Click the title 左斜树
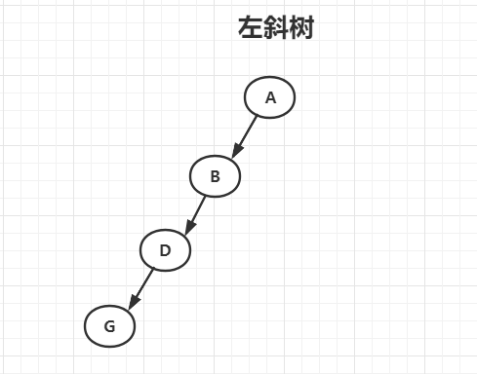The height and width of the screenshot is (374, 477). [x=276, y=29]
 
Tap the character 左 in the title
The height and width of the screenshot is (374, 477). [x=251, y=29]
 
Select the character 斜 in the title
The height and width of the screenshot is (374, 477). [x=276, y=29]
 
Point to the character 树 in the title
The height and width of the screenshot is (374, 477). [x=301, y=29]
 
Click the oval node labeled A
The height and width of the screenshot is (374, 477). [x=269, y=97]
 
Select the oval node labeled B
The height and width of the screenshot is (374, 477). [x=215, y=176]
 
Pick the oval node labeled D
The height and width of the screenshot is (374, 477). [x=165, y=250]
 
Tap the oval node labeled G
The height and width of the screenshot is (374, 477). [x=109, y=326]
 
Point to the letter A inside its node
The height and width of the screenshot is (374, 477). [x=271, y=97]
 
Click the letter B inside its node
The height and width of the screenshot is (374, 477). [x=216, y=176]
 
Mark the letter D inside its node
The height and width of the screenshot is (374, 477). [x=165, y=250]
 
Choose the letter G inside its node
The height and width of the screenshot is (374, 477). [x=109, y=326]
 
